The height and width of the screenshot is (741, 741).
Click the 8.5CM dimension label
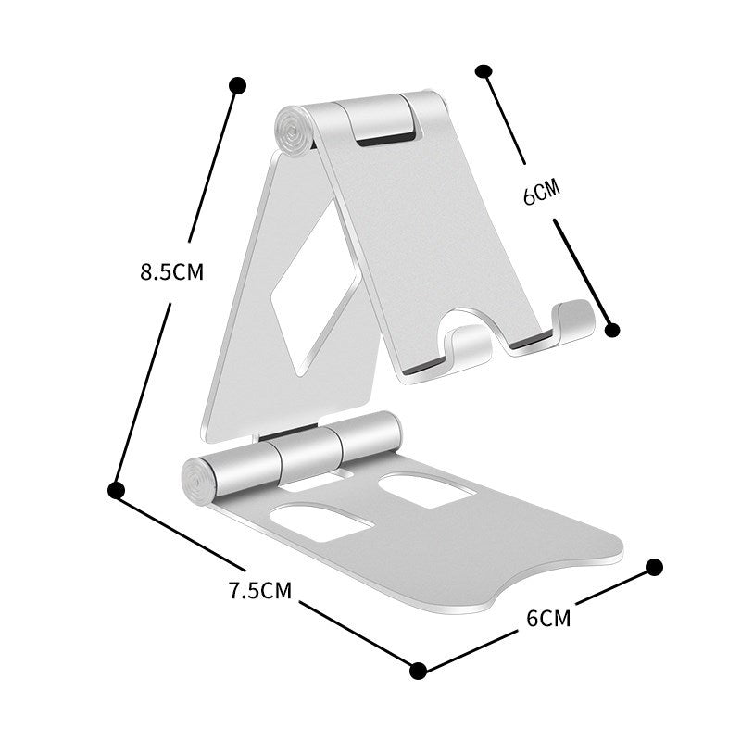171,272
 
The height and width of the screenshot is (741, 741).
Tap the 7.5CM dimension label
260,590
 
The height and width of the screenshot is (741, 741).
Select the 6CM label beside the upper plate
542,193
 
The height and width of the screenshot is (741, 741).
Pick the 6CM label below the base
549,618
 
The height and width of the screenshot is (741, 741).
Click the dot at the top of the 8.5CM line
237,85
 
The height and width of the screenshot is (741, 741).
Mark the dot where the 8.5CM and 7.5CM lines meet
117,489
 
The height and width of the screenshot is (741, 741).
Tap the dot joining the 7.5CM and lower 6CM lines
418,669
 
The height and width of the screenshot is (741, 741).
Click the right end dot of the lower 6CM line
654,566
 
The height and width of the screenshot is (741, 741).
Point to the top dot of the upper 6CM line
483,71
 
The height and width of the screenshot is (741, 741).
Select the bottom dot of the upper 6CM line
610,328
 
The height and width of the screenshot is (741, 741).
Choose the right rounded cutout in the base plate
427,489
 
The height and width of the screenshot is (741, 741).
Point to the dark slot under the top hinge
384,140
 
